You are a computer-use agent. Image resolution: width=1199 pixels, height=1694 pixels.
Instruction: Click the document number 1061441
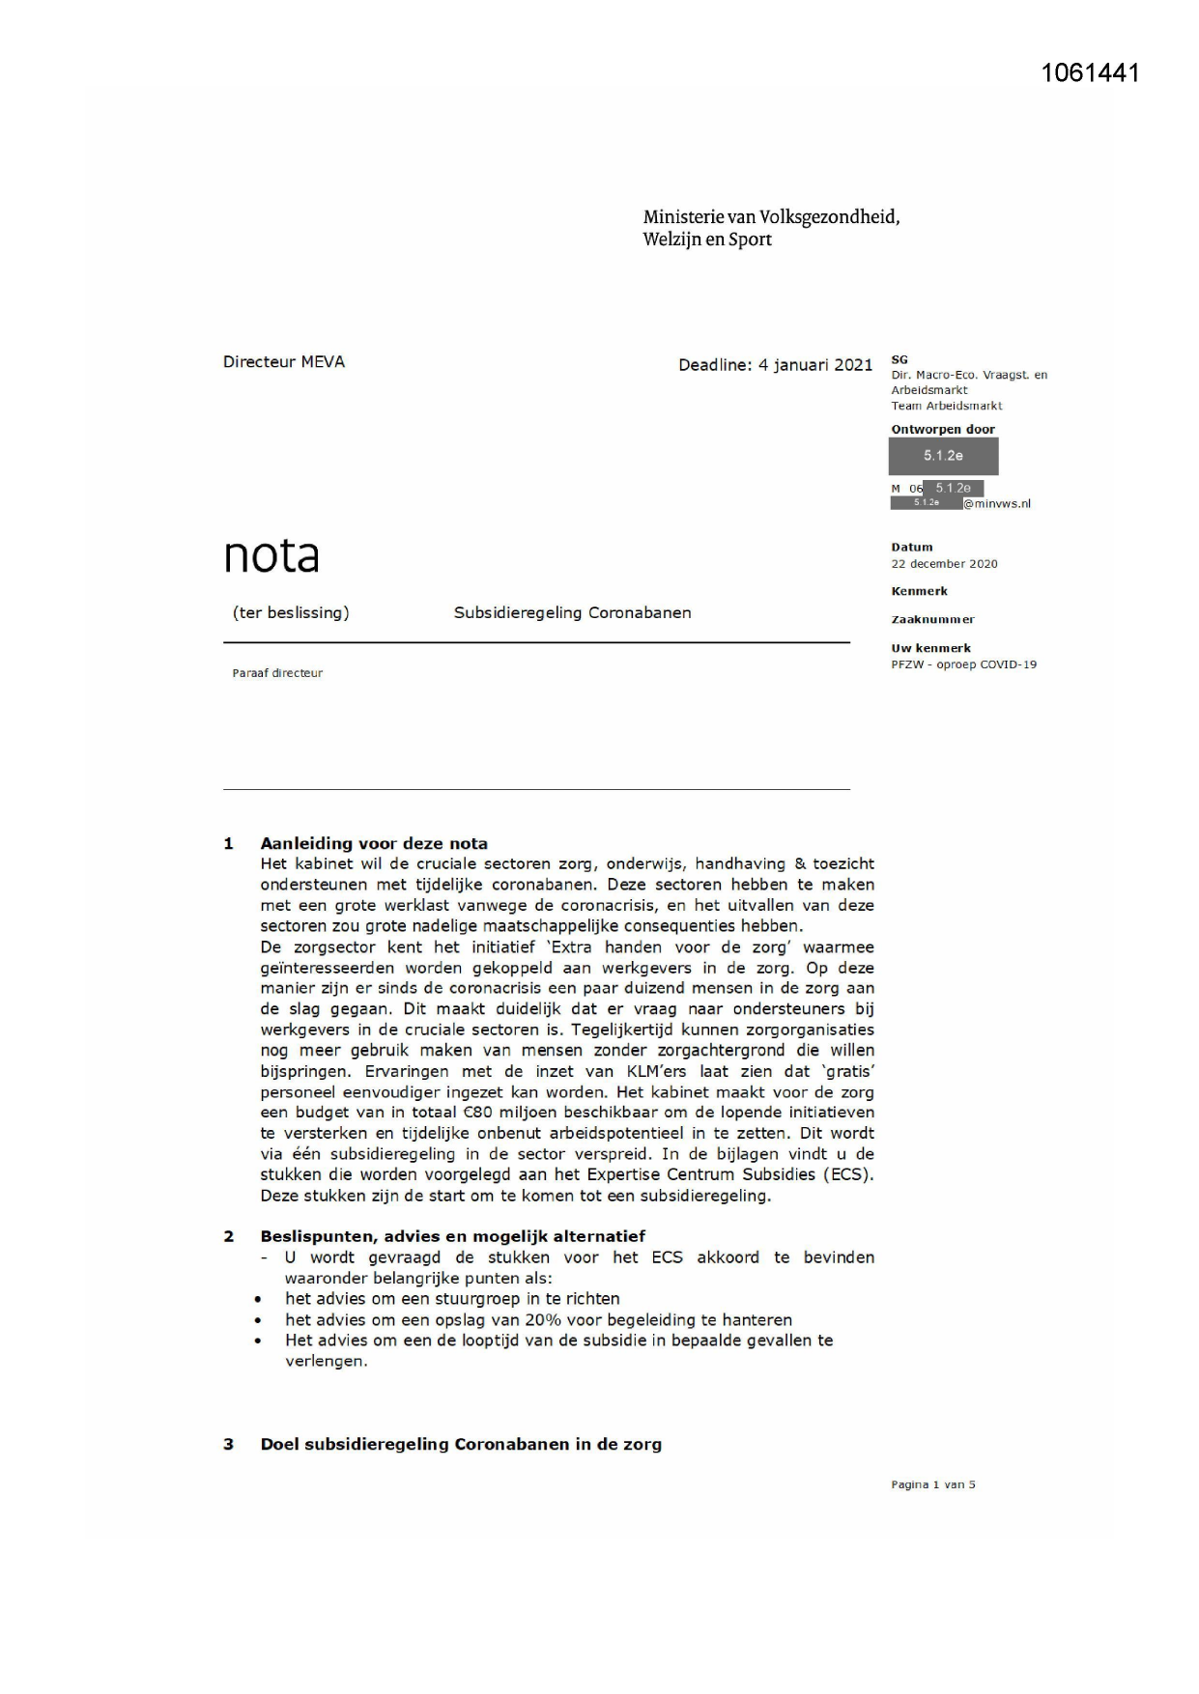coord(1090,72)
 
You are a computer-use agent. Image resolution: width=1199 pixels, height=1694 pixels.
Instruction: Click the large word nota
coord(271,555)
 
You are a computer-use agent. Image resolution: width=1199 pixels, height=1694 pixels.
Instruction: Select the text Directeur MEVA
coord(283,362)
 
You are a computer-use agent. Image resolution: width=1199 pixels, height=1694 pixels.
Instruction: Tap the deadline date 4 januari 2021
coord(814,365)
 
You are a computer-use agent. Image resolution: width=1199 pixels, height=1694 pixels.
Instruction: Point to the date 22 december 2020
coord(944,564)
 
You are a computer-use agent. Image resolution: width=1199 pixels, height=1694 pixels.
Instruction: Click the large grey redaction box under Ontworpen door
coord(943,456)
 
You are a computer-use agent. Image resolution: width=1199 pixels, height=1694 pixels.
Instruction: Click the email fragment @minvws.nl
coord(997,503)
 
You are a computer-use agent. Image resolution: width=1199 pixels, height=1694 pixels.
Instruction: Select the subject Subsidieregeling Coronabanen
coord(572,612)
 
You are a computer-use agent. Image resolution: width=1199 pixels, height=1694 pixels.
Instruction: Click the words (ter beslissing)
coord(291,612)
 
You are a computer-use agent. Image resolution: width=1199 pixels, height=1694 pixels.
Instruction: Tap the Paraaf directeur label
coord(277,673)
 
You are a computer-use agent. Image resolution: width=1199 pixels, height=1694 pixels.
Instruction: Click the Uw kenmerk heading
coord(930,648)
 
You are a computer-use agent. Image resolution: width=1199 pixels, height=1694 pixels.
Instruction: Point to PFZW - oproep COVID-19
coord(963,664)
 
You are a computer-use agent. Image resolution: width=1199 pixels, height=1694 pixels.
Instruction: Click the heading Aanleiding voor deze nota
coord(374,843)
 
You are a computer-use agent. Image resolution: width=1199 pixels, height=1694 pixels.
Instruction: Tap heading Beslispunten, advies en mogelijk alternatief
coord(452,1236)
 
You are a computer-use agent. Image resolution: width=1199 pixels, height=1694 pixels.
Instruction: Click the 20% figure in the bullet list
coord(543,1319)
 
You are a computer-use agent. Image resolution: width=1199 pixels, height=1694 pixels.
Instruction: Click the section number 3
coord(229,1445)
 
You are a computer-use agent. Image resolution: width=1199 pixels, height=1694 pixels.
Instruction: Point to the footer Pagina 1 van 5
coord(932,1484)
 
